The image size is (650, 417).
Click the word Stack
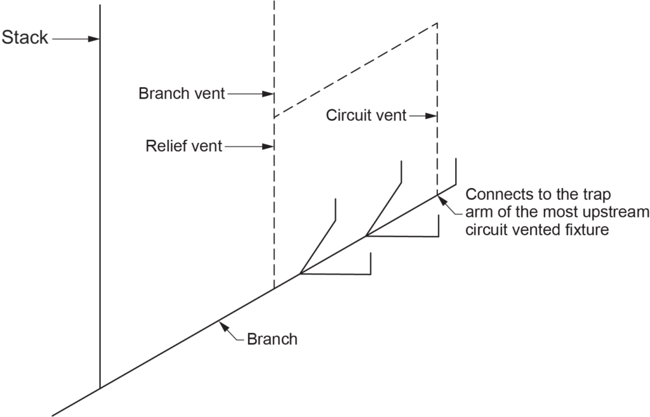coord(25,38)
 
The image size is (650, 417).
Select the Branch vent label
coord(181,94)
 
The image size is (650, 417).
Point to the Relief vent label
coord(184,147)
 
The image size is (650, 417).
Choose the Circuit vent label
coord(366,116)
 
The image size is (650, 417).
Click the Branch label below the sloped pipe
coord(272,339)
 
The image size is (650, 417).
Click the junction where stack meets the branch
coord(100,388)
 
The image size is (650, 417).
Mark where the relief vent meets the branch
coord(274,289)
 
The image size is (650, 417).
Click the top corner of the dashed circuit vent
coord(437,24)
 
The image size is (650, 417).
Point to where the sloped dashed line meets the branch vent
coord(274,118)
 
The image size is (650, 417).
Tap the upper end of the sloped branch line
coord(455,186)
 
